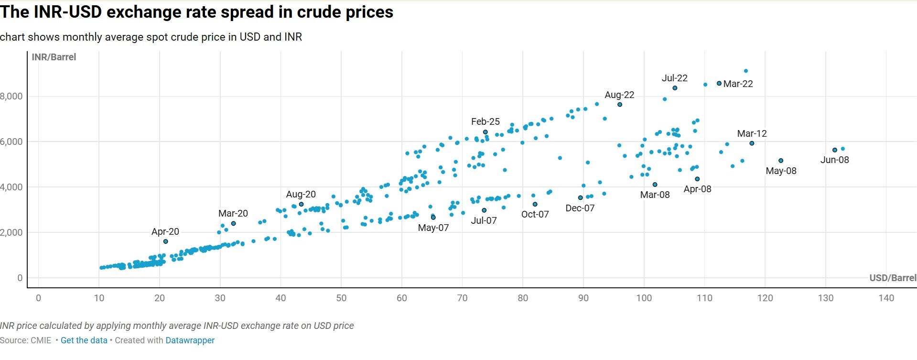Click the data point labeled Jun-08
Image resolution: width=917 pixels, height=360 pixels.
point(835,150)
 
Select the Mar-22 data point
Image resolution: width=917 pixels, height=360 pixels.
point(719,83)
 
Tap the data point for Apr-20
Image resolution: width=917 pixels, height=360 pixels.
point(166,241)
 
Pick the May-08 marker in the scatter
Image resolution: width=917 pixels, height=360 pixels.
point(781,161)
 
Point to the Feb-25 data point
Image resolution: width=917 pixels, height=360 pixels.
point(485,132)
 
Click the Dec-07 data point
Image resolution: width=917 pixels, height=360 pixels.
point(581,197)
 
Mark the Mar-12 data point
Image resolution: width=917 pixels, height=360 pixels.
point(752,143)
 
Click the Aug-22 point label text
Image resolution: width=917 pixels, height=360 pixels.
point(619,95)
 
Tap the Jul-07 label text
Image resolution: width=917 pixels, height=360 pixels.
point(484,220)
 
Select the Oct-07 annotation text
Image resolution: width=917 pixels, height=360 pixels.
point(535,214)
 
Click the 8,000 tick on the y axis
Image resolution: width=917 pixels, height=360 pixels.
point(11,96)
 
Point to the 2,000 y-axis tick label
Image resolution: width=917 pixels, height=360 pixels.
point(11,232)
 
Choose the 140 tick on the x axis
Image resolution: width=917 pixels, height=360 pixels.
point(886,298)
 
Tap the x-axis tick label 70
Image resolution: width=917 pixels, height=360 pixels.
point(462,298)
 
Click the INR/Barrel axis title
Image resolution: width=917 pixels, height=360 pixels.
point(54,57)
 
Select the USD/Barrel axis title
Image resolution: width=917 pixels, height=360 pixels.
point(893,278)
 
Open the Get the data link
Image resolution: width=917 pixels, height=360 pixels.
point(84,340)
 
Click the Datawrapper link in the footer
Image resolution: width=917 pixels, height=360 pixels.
point(190,340)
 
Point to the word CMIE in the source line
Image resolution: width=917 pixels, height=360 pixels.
point(41,340)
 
